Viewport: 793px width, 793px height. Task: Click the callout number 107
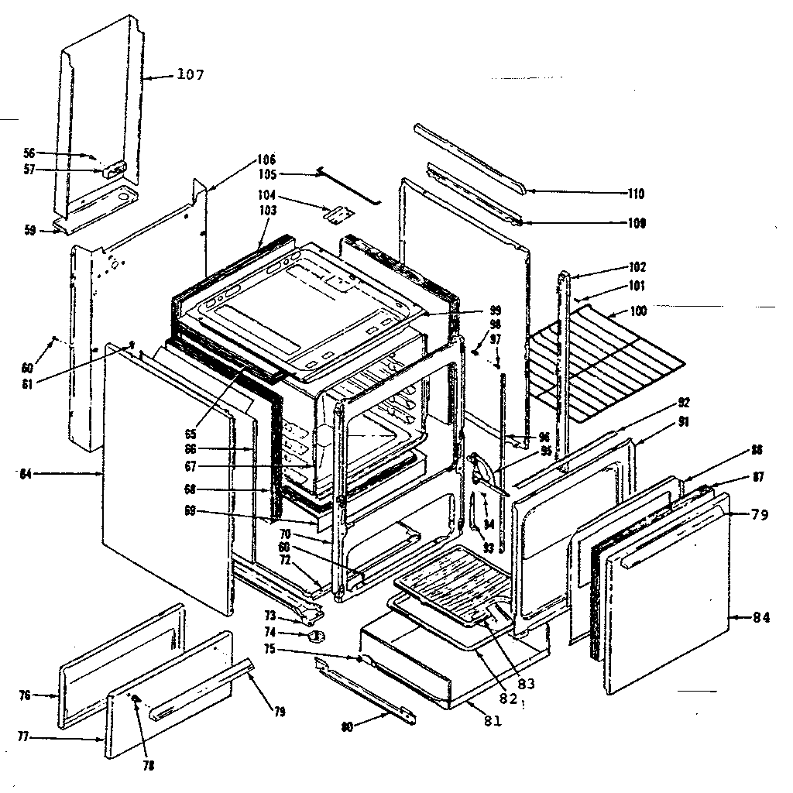[191, 75]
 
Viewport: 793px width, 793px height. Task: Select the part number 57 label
[29, 170]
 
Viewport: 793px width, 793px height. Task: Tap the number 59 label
[29, 230]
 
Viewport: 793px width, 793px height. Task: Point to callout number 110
[636, 194]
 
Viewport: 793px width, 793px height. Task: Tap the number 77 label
[22, 737]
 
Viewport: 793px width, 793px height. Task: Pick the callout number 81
[493, 720]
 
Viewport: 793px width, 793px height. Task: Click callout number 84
[762, 617]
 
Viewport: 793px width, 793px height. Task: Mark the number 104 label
[268, 196]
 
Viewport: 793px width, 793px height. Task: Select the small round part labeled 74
[315, 636]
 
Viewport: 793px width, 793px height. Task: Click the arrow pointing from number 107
[159, 77]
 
